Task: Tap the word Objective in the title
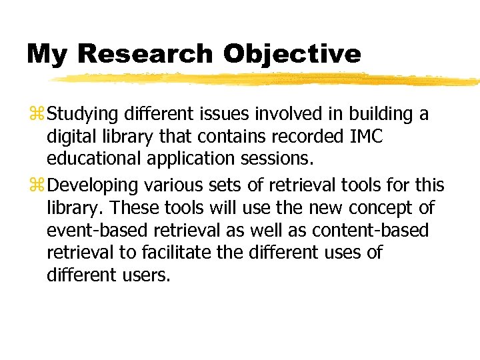click(x=293, y=54)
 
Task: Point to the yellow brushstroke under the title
click(x=267, y=80)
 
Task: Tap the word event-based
click(x=88, y=231)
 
